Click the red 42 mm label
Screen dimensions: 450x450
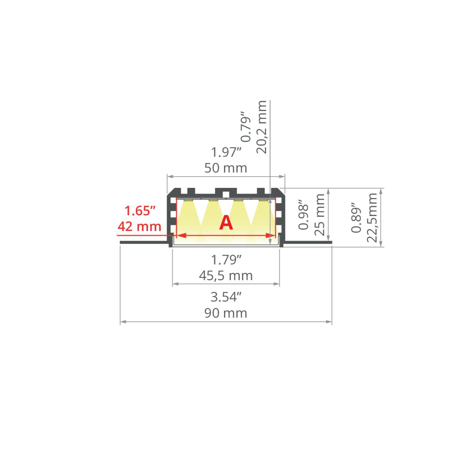(139, 226)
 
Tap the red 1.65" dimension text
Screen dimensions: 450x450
(140, 211)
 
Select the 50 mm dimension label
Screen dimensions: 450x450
(226, 168)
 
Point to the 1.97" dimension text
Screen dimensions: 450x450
(226, 152)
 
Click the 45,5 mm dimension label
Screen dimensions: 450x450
(226, 276)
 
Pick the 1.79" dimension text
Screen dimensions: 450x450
(226, 260)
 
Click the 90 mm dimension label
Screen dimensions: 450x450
(226, 313)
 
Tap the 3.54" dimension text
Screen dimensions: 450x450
(226, 297)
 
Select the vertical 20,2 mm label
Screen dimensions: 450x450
(261, 127)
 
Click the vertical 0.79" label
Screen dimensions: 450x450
(246, 127)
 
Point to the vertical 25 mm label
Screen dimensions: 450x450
(320, 214)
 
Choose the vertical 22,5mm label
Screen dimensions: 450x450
(372, 217)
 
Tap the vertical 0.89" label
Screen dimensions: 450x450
(356, 217)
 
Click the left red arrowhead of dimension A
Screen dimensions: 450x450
(181, 235)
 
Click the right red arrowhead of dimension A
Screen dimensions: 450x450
(271, 235)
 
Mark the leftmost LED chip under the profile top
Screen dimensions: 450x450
(188, 200)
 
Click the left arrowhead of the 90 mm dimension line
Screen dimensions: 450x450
(123, 322)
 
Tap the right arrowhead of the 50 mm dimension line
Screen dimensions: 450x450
(282, 176)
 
